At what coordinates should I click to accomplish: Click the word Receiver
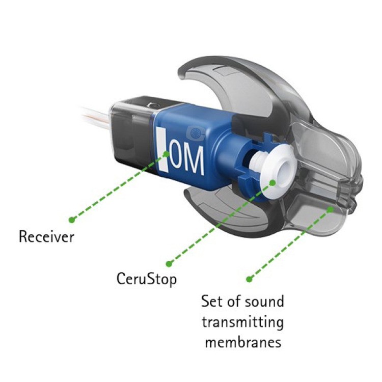[x=46, y=237]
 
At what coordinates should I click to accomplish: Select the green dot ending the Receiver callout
[x=72, y=220]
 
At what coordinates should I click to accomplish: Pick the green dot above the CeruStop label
[x=169, y=263]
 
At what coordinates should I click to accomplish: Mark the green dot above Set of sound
[x=249, y=279]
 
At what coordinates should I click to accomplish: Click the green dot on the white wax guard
[x=273, y=182]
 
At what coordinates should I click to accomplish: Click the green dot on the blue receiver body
[x=166, y=153]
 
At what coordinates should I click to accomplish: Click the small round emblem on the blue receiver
[x=195, y=133]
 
